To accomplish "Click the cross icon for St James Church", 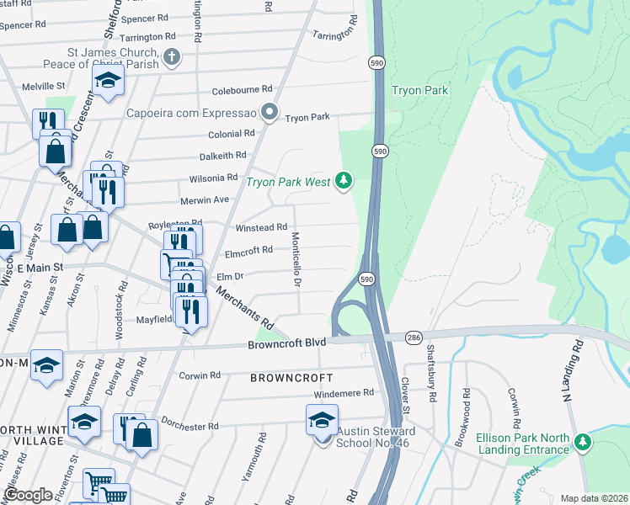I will [x=172, y=58].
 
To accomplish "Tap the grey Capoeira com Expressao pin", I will [x=270, y=112].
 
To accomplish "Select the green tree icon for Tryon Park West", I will [x=343, y=179].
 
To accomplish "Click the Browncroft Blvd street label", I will [x=286, y=344].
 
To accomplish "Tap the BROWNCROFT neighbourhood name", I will [x=291, y=378].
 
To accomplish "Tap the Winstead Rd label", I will [x=261, y=227].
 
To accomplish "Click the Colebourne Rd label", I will [x=243, y=88].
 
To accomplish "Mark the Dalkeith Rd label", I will [x=222, y=156].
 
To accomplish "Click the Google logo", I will [x=28, y=495].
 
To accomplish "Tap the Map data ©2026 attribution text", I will [x=593, y=498].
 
